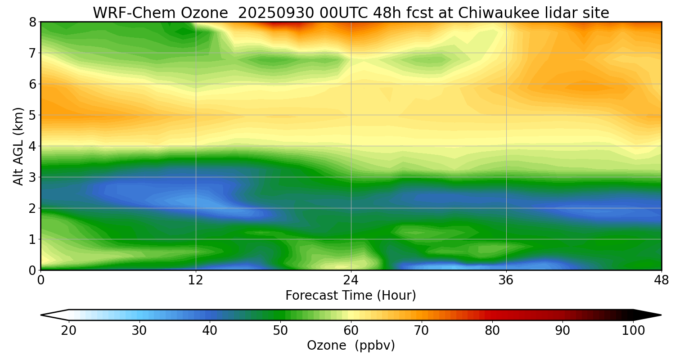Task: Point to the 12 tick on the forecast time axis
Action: click(x=196, y=280)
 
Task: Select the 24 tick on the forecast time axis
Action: click(x=351, y=280)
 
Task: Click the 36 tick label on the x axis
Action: click(x=506, y=280)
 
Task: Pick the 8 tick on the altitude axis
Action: click(x=32, y=22)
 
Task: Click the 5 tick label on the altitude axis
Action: click(x=32, y=115)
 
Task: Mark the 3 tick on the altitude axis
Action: click(x=32, y=177)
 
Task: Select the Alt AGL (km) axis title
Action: click(x=18, y=146)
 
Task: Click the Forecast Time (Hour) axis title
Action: click(x=351, y=296)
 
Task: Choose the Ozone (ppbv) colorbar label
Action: click(x=351, y=346)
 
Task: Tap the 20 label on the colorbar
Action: click(x=69, y=331)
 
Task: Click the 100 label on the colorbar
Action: click(x=633, y=331)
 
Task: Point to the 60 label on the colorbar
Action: click(x=351, y=331)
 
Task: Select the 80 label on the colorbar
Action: click(x=492, y=331)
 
